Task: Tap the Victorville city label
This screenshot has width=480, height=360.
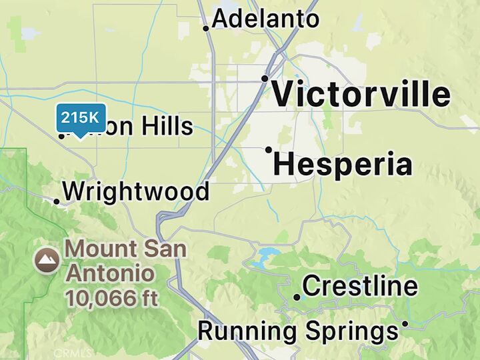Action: coord(361,95)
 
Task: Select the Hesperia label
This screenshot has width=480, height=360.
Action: coord(343,165)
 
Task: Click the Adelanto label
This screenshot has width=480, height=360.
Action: coord(265,19)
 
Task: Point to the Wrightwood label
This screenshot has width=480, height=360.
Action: coord(135,192)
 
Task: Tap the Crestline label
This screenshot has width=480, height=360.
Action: coord(360,287)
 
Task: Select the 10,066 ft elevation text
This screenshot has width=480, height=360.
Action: coord(111,298)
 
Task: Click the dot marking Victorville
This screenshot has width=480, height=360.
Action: coord(265,79)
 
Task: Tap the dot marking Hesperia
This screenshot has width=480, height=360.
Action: coord(269,150)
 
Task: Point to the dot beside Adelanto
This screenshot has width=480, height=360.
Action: coord(206,28)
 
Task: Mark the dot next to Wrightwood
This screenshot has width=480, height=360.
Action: coord(57,201)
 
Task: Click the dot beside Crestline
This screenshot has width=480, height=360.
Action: coord(297,297)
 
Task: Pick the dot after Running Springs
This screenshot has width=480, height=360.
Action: coord(404,324)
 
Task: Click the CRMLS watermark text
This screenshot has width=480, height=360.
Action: coord(73,353)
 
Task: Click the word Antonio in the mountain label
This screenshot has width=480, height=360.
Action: coord(110,273)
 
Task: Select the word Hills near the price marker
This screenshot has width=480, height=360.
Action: coord(163,126)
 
